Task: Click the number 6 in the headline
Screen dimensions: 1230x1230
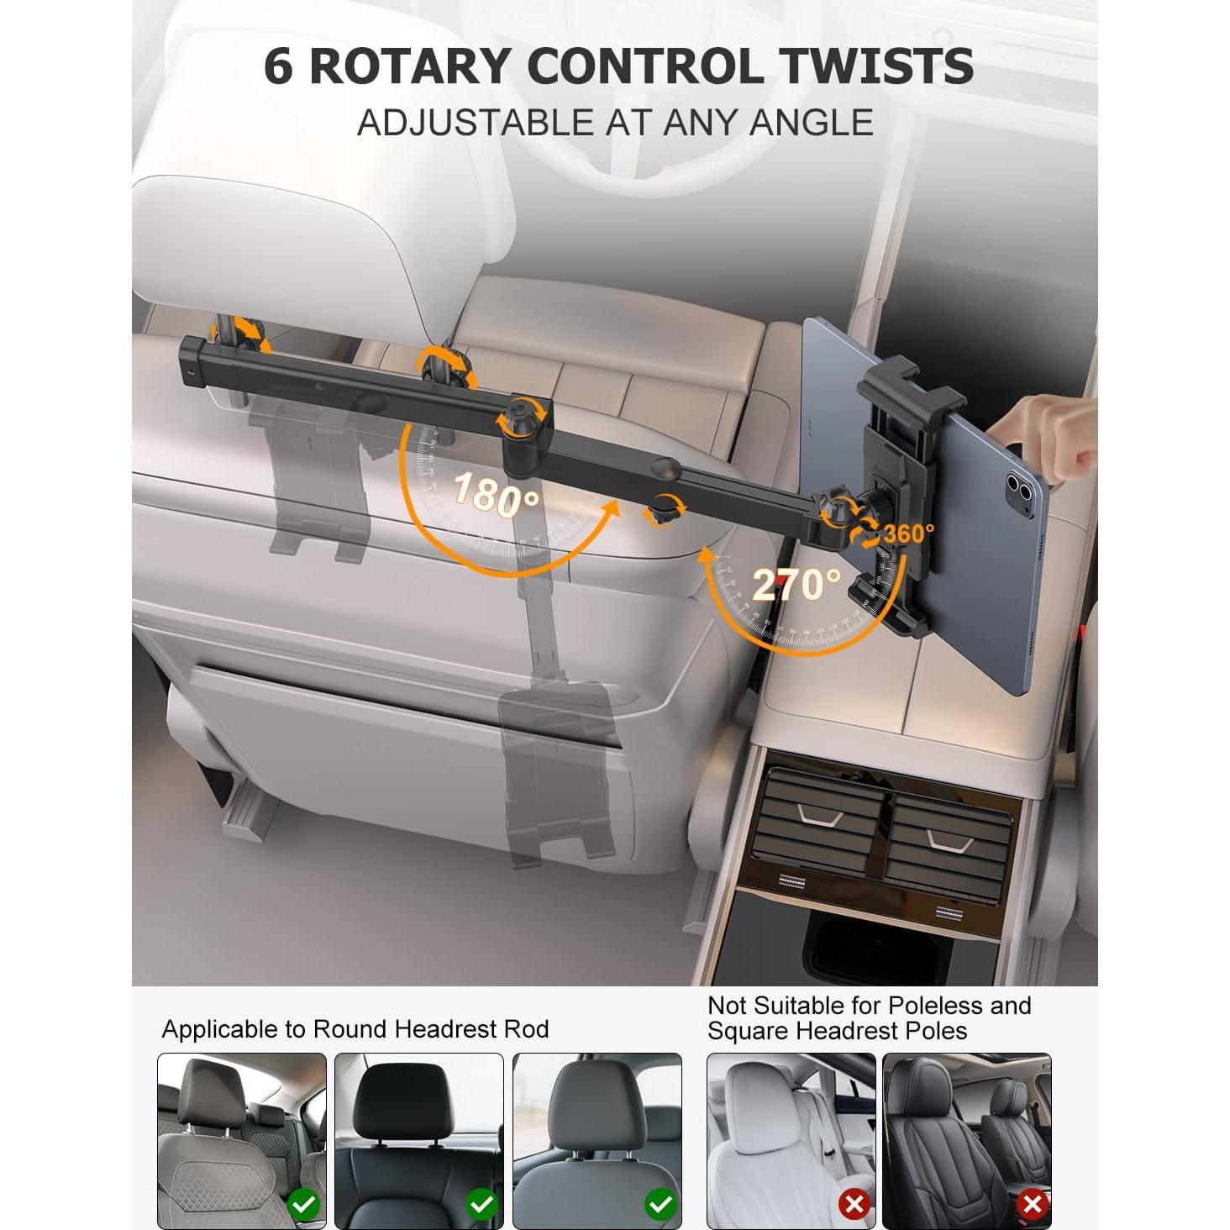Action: (x=279, y=66)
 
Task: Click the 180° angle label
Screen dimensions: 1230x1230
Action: (x=497, y=494)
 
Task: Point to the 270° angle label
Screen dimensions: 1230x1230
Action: (x=796, y=585)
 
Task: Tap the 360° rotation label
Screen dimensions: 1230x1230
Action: (x=909, y=533)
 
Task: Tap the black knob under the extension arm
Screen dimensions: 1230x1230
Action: (x=662, y=512)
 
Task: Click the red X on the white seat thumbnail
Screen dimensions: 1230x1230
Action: (x=854, y=1187)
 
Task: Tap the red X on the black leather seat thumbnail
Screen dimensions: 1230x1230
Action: (x=1032, y=1187)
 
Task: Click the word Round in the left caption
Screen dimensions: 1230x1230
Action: (x=352, y=1029)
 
